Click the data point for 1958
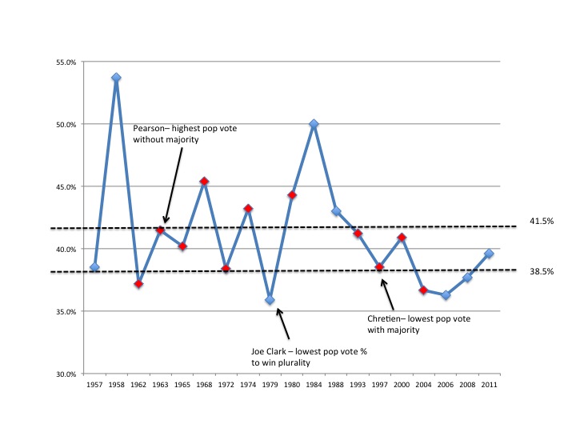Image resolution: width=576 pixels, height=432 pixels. pos(116,78)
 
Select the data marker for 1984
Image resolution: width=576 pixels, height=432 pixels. pos(314,124)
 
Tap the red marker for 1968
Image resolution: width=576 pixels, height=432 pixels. pos(204,182)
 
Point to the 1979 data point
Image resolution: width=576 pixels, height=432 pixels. pos(270,300)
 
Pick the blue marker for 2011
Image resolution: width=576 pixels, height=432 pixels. pos(489,254)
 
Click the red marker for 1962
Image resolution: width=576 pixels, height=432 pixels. pos(138,284)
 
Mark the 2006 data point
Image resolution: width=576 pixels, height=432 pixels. pos(446,295)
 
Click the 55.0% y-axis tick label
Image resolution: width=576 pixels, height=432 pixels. pos(65,62)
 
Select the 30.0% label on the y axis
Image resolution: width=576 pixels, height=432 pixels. pos(65,374)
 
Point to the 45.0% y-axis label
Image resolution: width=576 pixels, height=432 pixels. pos(65,187)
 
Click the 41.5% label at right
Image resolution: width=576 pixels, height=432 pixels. pos(542,221)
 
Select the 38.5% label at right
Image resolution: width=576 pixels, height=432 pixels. pos(542,272)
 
